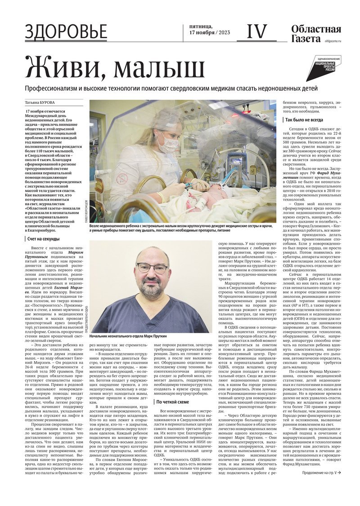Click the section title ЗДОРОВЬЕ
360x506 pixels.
click(x=66, y=32)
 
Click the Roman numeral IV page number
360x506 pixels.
click(x=256, y=32)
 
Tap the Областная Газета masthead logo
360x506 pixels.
click(x=315, y=34)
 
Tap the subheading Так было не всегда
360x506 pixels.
click(x=304, y=120)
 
